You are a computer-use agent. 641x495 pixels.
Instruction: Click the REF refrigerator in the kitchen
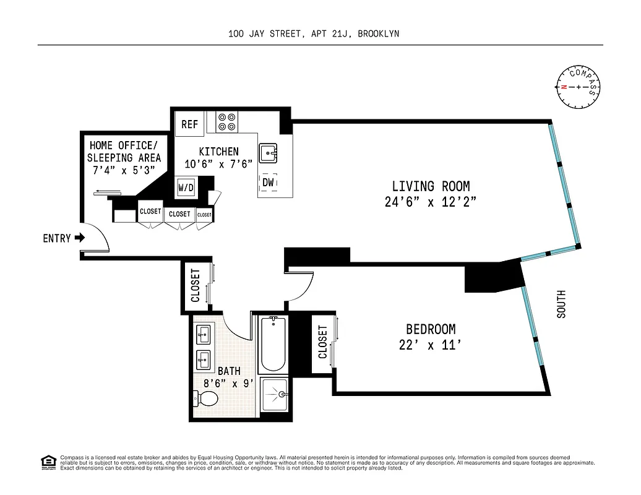coord(189,124)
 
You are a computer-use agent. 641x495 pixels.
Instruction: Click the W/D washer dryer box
coord(186,187)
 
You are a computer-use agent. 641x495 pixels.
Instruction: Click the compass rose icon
coord(579,87)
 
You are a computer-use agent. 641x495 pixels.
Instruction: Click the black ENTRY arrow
coord(79,238)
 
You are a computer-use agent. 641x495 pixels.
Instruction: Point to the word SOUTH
coord(561,304)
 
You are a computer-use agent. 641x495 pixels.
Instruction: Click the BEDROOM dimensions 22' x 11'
coord(431,345)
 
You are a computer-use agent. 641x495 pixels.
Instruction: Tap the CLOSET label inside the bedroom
coord(322,343)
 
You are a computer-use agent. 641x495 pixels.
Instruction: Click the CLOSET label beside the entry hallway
coord(196,285)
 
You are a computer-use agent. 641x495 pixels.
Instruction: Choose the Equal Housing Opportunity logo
coord(47,462)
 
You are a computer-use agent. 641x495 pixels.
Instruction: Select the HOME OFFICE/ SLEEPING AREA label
coord(124,152)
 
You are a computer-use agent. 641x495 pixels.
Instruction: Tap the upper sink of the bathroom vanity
coord(203,336)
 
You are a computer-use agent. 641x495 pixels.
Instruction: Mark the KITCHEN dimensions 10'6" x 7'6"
coord(218,164)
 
